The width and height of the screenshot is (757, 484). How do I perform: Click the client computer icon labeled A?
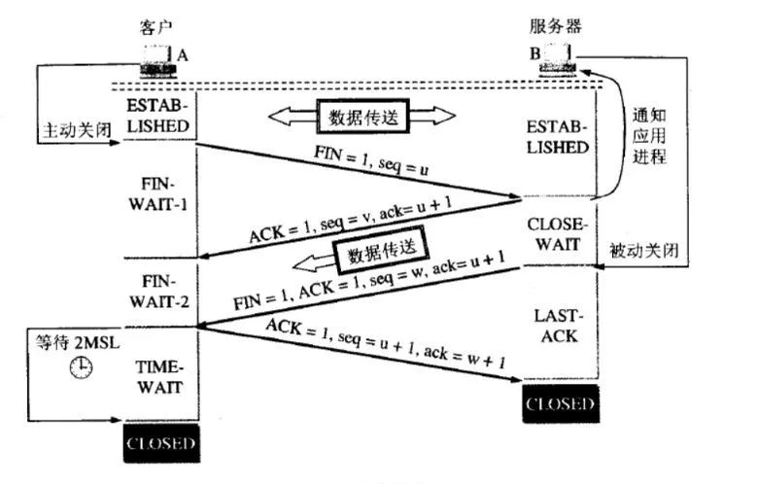158,61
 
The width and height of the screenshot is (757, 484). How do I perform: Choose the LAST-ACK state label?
557,328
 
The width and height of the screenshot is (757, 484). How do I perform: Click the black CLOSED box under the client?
162,445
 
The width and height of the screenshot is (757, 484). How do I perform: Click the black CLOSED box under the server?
558,403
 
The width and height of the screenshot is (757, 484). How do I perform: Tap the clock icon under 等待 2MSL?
81,368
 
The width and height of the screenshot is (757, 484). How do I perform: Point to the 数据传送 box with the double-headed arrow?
361,116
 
